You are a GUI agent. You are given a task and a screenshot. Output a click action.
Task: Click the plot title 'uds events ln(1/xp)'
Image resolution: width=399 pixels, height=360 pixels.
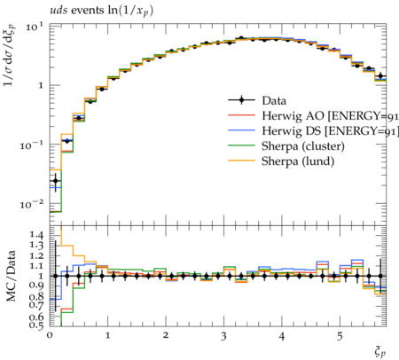(102, 11)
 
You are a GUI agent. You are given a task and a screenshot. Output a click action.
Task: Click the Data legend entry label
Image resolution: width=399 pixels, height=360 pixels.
(274, 101)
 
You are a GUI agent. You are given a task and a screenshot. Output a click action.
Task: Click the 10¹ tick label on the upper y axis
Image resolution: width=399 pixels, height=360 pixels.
(34, 27)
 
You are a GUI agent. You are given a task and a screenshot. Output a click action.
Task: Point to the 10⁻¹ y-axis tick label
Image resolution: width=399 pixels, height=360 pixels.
(31, 145)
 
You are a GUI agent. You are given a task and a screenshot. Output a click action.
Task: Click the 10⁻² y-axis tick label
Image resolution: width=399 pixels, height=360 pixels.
(31, 204)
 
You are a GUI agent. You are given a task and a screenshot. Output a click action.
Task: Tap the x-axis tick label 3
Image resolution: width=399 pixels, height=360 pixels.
(223, 336)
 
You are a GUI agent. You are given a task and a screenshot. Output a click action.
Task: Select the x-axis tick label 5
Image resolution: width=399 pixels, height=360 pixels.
(340, 336)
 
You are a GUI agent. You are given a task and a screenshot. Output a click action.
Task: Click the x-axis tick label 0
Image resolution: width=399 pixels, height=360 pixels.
(50, 336)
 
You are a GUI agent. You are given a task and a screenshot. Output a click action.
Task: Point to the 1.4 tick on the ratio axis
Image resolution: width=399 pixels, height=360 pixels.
(36, 235)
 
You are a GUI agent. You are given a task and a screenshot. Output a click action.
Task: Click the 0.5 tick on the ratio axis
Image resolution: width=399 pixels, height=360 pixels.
(36, 325)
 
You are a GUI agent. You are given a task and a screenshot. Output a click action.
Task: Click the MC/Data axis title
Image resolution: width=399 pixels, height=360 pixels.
(11, 276)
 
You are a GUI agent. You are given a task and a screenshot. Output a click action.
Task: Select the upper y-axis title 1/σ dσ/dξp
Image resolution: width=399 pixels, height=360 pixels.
(10, 55)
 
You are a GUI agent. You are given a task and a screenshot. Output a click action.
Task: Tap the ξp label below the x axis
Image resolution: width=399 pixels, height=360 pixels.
(380, 352)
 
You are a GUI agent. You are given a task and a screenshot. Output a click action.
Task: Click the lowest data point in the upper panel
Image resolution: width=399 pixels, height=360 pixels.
(55, 181)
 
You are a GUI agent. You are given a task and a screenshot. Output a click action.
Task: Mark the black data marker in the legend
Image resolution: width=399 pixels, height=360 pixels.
(241, 100)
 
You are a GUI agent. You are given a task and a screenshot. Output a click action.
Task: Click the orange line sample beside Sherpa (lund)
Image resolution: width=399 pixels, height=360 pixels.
(241, 160)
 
